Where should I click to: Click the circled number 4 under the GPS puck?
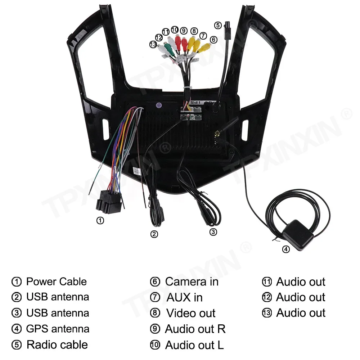[285, 249]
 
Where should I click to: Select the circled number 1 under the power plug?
[100, 220]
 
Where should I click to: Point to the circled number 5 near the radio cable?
[218, 25]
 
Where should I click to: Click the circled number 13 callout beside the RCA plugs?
[153, 44]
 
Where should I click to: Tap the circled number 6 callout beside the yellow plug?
[213, 40]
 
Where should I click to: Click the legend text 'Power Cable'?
[57, 282]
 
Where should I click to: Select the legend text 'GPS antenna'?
[58, 329]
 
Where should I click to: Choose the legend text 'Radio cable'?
[57, 345]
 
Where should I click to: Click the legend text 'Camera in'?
[192, 282]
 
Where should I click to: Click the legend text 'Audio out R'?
[195, 329]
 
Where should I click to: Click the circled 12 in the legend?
[267, 297]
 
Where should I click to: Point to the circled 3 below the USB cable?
[213, 232]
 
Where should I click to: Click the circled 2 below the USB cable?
[154, 234]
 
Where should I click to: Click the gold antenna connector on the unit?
[217, 136]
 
